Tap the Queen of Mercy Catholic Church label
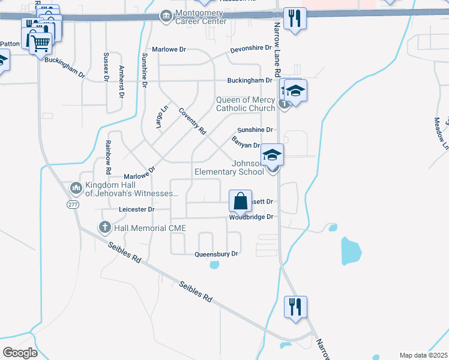click(245, 104)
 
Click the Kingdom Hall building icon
click(76, 188)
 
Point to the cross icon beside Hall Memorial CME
click(104, 227)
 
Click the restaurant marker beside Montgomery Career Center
click(294, 18)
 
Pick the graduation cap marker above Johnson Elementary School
click(272, 155)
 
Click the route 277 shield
click(73, 205)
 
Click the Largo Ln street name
click(162, 115)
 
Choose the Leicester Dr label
click(137, 209)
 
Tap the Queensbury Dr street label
click(216, 254)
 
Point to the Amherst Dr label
click(121, 82)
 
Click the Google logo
click(20, 353)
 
